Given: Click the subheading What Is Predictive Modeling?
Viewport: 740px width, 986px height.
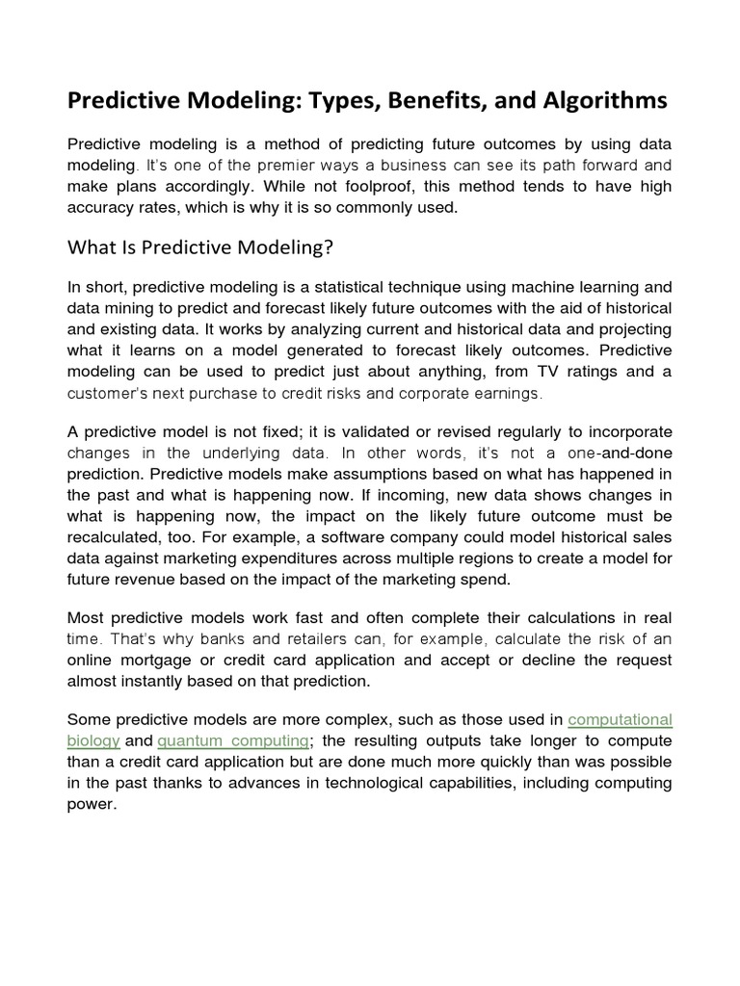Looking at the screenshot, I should [x=199, y=247].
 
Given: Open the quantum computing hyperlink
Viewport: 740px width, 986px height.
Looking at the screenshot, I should [x=233, y=740].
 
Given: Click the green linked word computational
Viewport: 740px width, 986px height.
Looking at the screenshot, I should [x=621, y=719].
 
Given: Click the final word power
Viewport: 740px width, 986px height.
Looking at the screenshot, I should [x=91, y=804].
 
